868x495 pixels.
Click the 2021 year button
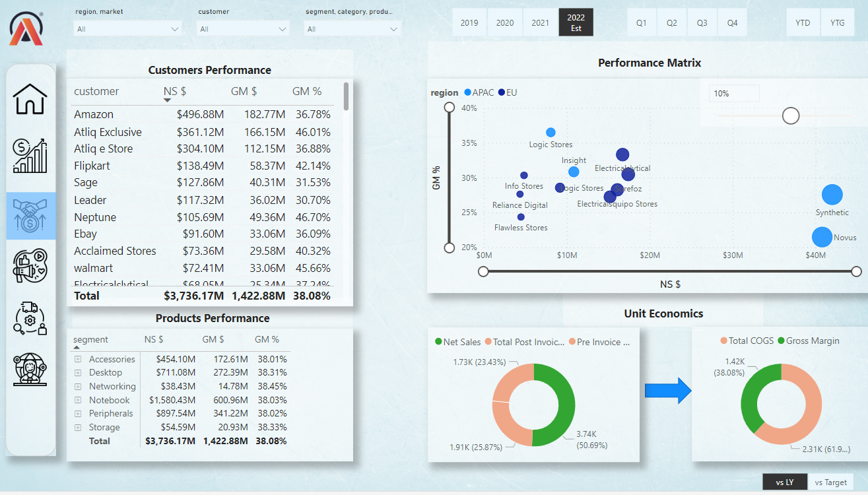coord(540,22)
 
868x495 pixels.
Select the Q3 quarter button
coord(702,22)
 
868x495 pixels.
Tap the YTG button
coord(837,22)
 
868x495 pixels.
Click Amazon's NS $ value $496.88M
coord(200,115)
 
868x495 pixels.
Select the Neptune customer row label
coord(95,217)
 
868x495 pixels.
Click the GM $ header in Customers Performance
coord(244,92)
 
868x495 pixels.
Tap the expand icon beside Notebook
coord(77,400)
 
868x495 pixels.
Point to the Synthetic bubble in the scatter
coord(832,195)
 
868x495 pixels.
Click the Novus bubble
coord(822,237)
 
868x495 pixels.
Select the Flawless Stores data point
coord(521,216)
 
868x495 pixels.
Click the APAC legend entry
coord(479,93)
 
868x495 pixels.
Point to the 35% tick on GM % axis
coord(468,143)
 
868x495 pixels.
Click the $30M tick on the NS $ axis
coord(733,255)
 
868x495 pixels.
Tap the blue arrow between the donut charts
coord(667,391)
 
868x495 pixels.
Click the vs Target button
coord(830,482)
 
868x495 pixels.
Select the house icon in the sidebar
coord(31,99)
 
